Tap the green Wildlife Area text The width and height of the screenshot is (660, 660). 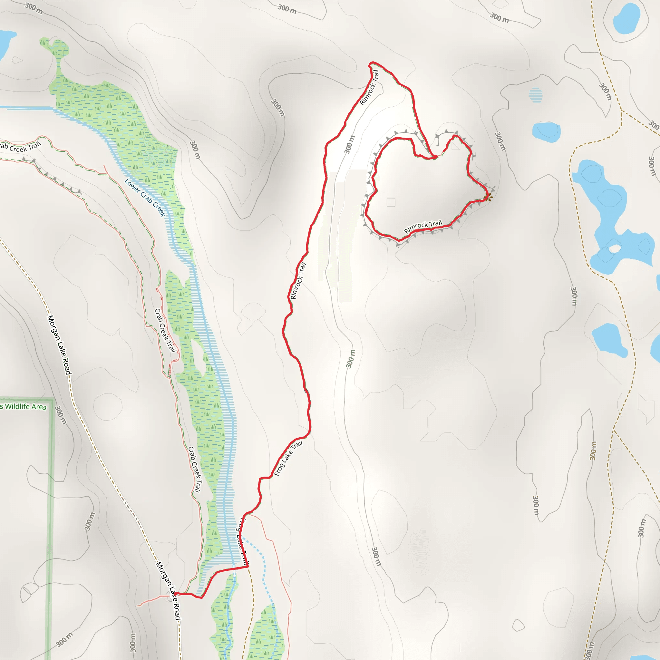pos(23,406)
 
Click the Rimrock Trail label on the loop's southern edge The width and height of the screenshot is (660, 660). pos(423,226)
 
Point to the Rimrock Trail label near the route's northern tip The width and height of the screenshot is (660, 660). pos(370,87)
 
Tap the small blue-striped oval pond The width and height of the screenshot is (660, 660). pos(535,95)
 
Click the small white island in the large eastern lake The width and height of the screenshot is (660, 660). pos(615,248)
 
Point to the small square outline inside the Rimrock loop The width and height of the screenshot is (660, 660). pos(391,202)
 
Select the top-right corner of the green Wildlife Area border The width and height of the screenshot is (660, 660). pos(53,399)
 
